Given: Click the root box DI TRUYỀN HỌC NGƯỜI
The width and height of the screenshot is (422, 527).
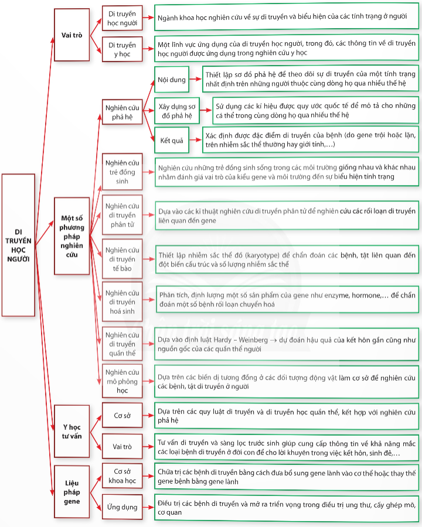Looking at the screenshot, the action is tap(19, 245).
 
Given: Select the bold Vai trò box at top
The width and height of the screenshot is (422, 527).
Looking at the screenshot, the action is tap(72, 35).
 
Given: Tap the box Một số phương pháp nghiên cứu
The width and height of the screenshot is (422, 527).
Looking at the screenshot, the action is tap(72, 236).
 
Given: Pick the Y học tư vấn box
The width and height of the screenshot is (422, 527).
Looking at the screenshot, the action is tap(72, 431).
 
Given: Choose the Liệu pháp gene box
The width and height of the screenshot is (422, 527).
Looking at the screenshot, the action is tap(72, 492).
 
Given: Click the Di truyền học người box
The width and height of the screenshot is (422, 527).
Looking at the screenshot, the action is tap(122, 18).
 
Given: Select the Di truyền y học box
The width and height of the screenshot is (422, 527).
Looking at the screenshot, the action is tap(122, 49).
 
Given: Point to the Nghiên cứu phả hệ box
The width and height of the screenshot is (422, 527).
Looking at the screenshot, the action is tap(122, 112).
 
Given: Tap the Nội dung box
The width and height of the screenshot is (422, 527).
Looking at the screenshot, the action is tap(172, 80).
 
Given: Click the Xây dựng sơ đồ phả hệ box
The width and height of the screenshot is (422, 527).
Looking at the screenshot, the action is tap(177, 111).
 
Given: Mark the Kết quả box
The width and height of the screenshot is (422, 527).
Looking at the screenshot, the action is tap(172, 140).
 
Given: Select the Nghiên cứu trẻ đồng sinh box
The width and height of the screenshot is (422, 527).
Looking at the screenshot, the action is tap(122, 172).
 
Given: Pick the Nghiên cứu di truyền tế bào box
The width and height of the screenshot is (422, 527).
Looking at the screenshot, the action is tap(122, 259).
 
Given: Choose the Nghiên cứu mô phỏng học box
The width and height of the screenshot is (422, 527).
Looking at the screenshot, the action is tap(122, 381).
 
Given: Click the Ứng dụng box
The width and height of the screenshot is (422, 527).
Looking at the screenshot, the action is tap(122, 507).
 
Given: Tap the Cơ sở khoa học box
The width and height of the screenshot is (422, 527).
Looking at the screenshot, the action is tap(122, 476).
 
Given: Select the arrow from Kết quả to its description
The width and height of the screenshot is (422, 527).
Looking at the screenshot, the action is tap(196, 140).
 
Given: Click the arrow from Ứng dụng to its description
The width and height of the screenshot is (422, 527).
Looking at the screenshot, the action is tap(148, 507).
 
